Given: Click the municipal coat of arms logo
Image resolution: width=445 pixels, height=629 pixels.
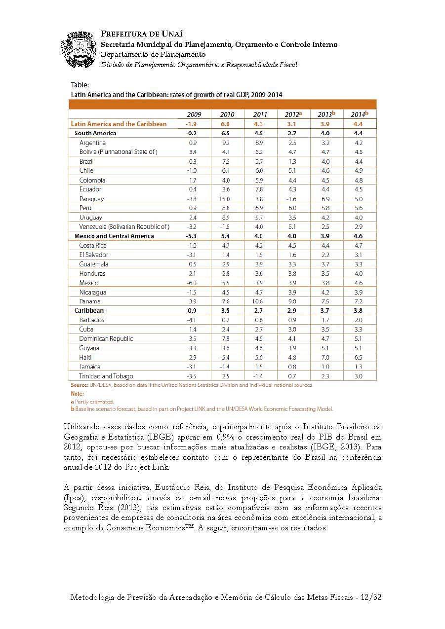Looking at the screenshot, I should [x=79, y=49].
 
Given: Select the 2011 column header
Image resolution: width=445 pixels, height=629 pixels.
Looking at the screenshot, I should [x=260, y=114].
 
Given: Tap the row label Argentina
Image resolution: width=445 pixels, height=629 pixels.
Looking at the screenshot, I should [x=92, y=143].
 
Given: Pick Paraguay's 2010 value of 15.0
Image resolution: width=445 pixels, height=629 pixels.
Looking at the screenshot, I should [x=225, y=199].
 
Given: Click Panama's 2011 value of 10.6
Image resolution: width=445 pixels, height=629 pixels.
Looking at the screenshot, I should [x=258, y=301].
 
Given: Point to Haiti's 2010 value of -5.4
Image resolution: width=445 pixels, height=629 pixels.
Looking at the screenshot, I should [x=225, y=357].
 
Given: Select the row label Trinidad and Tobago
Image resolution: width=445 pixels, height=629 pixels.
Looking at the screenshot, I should [x=106, y=376].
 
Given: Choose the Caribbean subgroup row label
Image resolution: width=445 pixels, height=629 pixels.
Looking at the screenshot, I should [x=89, y=311].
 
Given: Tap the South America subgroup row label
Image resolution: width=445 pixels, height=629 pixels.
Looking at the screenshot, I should [x=95, y=133].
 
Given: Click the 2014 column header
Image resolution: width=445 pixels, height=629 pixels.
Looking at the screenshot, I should [x=359, y=114].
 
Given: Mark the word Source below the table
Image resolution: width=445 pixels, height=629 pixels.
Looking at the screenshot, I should [x=80, y=385].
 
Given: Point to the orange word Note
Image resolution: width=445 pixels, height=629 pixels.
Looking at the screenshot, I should [x=77, y=394].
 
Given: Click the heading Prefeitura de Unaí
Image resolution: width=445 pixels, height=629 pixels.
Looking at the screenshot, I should [x=142, y=34].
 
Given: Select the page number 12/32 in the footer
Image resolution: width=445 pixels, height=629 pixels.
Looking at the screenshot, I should [x=371, y=597].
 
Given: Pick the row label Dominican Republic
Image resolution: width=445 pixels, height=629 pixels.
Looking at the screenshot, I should [x=106, y=339].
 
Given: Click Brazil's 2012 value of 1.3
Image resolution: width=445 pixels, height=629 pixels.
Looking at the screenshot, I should [x=292, y=161].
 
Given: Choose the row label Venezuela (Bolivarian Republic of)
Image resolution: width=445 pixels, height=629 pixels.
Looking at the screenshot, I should [x=124, y=227].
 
